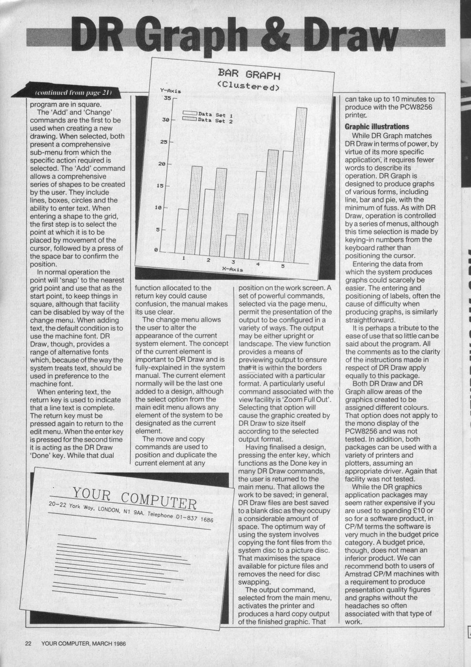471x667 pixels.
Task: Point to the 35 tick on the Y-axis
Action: pyautogui.click(x=167, y=98)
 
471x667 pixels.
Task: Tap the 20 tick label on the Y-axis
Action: pyautogui.click(x=162, y=164)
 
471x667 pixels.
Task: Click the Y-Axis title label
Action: pyautogui.click(x=170, y=90)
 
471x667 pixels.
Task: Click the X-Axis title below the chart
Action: pyautogui.click(x=232, y=269)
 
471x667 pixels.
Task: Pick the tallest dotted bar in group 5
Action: pyautogui.click(x=301, y=180)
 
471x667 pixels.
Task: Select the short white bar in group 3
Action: pyautogui.click(x=231, y=243)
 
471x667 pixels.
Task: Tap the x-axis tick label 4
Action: pyautogui.click(x=258, y=264)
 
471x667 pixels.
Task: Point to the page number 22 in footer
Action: pyautogui.click(x=28, y=643)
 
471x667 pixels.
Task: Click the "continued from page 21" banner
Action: pyautogui.click(x=73, y=92)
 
